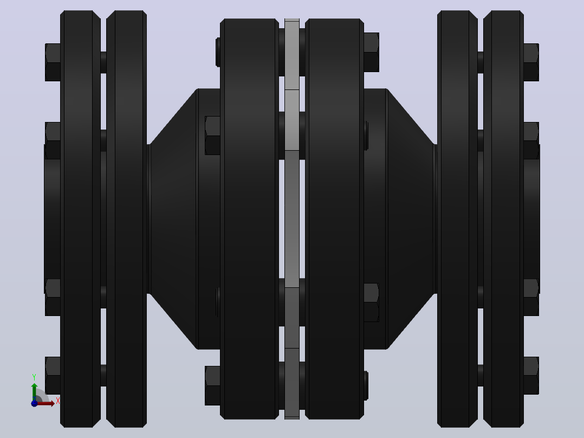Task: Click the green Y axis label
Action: tap(34, 377)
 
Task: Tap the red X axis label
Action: tap(58, 401)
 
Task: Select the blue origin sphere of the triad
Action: tap(34, 403)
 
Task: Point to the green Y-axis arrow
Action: tap(34, 391)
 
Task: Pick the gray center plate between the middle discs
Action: tap(292, 219)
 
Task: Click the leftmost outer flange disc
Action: tap(80, 219)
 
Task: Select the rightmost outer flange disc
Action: tap(504, 219)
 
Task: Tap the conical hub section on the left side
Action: tap(173, 219)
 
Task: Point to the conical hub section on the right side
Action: tap(411, 219)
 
